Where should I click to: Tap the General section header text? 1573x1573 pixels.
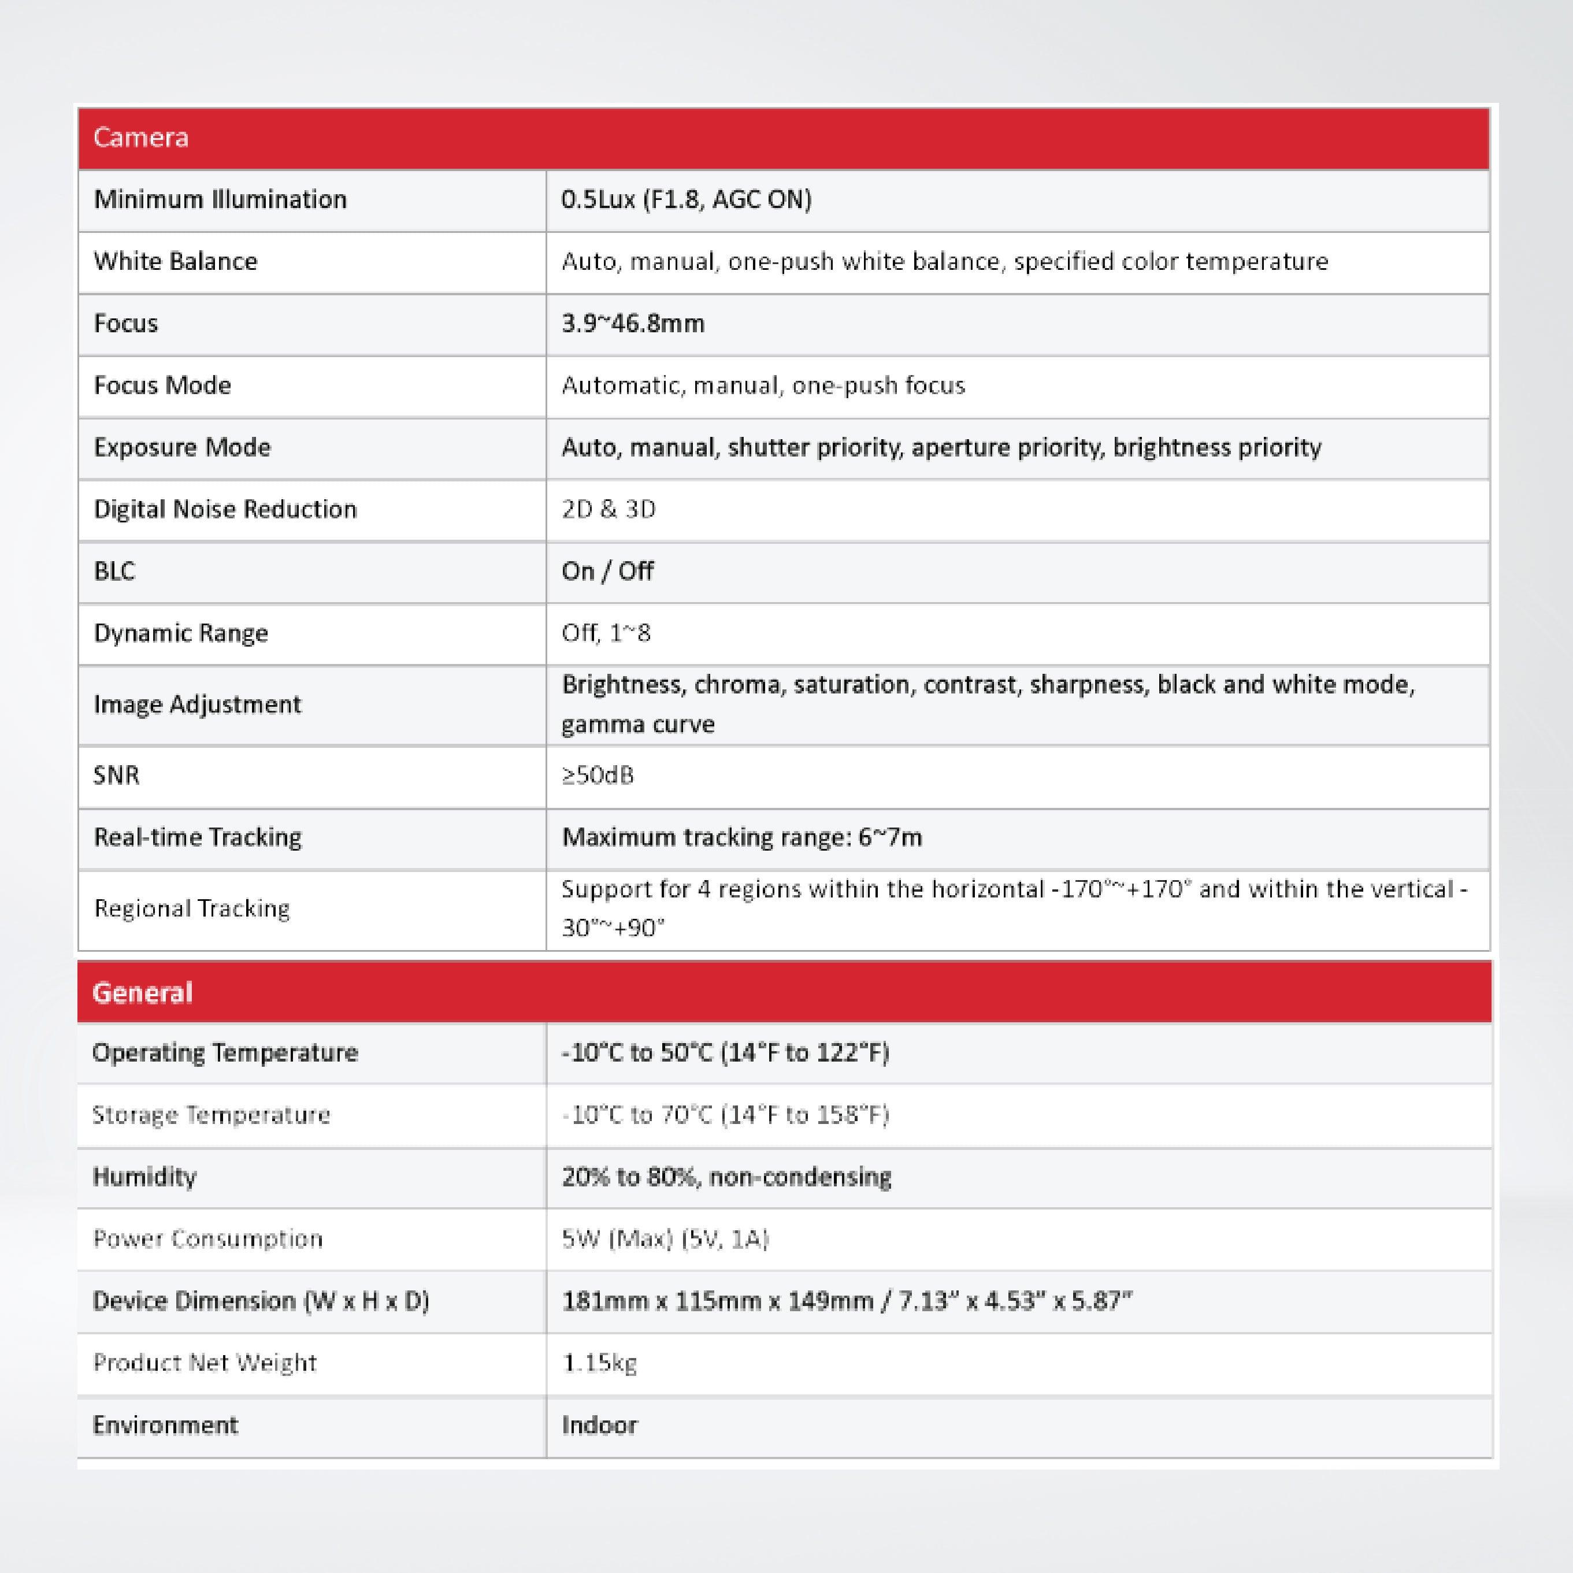[143, 992]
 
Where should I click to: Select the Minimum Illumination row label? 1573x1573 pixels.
[220, 199]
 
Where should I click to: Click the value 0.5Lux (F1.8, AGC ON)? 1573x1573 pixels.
[685, 199]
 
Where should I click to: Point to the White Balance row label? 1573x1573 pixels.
[175, 261]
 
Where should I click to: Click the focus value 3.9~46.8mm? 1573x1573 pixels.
[633, 323]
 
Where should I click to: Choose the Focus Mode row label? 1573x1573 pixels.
[162, 385]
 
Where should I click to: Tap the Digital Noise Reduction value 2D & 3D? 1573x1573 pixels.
[608, 509]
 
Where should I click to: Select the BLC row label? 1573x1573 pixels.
[114, 571]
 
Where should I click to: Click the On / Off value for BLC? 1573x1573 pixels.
[607, 571]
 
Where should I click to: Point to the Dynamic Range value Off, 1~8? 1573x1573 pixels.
[606, 633]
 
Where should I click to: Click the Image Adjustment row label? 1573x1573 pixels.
[197, 704]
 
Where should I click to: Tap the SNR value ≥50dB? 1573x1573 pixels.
[597, 775]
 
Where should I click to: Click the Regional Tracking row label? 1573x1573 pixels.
[191, 908]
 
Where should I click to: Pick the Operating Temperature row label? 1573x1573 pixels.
[225, 1053]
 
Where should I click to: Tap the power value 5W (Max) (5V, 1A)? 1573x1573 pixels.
[665, 1238]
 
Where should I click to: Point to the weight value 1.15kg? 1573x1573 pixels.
[599, 1362]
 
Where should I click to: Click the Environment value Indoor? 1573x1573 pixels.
[599, 1425]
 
